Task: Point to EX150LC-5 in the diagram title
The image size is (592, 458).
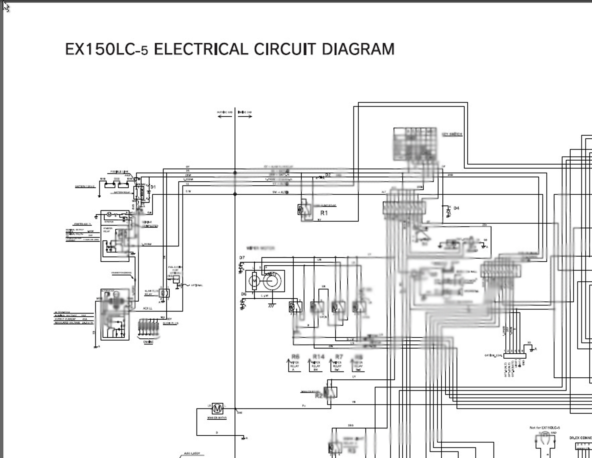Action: [x=106, y=49]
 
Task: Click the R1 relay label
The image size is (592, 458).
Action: [x=324, y=213]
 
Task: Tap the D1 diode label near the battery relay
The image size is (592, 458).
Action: [x=153, y=187]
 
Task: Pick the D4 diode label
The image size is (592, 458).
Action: [x=456, y=208]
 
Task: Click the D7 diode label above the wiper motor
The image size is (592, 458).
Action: [x=242, y=258]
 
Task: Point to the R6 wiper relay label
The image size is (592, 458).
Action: [x=295, y=357]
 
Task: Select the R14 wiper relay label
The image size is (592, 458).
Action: [x=318, y=357]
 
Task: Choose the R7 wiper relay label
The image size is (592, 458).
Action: [x=339, y=357]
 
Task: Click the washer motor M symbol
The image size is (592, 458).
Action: [x=217, y=408]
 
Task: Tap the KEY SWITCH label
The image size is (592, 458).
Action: [x=452, y=134]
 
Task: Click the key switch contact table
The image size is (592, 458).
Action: [x=415, y=144]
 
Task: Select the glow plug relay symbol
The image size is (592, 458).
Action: [x=164, y=293]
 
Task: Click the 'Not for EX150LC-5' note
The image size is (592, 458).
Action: [x=544, y=428]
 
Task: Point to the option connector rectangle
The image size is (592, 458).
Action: [x=514, y=356]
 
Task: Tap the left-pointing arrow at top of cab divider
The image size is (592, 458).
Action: [x=225, y=116]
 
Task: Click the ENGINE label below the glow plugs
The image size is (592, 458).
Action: [x=148, y=342]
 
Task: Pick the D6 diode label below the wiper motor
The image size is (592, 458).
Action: [x=244, y=294]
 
